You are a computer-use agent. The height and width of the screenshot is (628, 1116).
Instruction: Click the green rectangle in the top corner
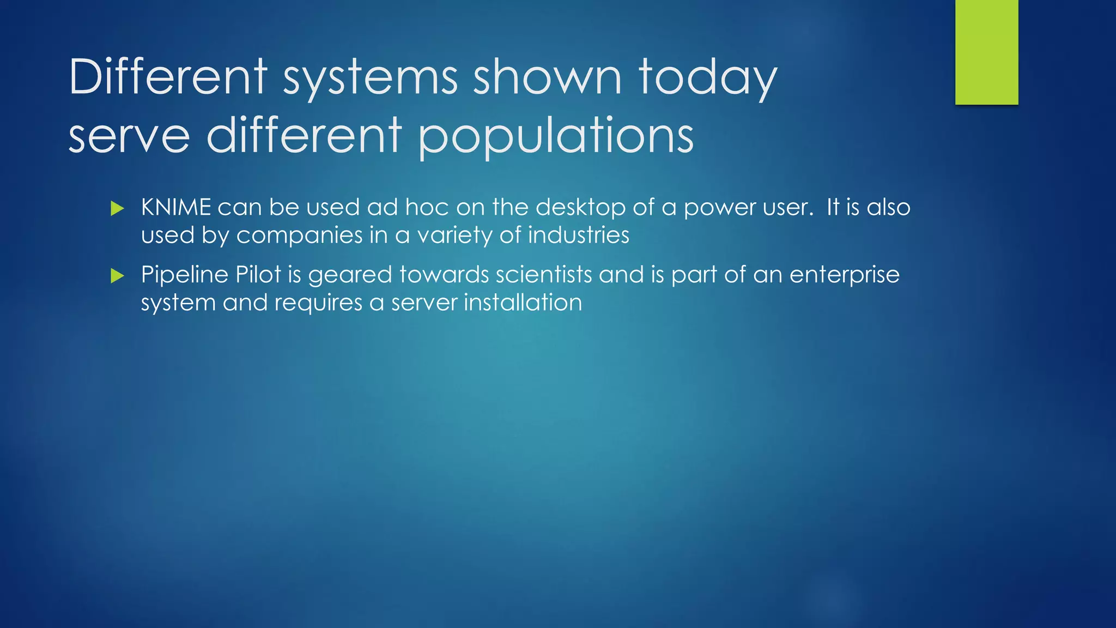click(x=986, y=52)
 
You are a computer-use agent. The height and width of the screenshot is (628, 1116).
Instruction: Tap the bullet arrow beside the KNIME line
click(x=117, y=208)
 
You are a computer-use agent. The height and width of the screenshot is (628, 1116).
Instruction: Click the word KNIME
click(x=176, y=208)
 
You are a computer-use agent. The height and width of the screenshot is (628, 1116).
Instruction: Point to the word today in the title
click(x=707, y=78)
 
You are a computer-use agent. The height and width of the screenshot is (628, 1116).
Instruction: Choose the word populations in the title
click(x=556, y=136)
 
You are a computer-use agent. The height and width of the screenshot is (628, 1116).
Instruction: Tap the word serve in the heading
click(x=129, y=136)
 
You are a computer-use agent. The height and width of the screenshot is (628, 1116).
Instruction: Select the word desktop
click(x=580, y=208)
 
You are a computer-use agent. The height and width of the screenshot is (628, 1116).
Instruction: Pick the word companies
click(x=299, y=235)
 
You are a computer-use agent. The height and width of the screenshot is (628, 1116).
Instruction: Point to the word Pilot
click(x=258, y=275)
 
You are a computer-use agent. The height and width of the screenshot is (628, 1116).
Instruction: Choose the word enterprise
click(x=844, y=275)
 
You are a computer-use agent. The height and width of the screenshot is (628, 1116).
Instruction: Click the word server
click(x=424, y=303)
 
